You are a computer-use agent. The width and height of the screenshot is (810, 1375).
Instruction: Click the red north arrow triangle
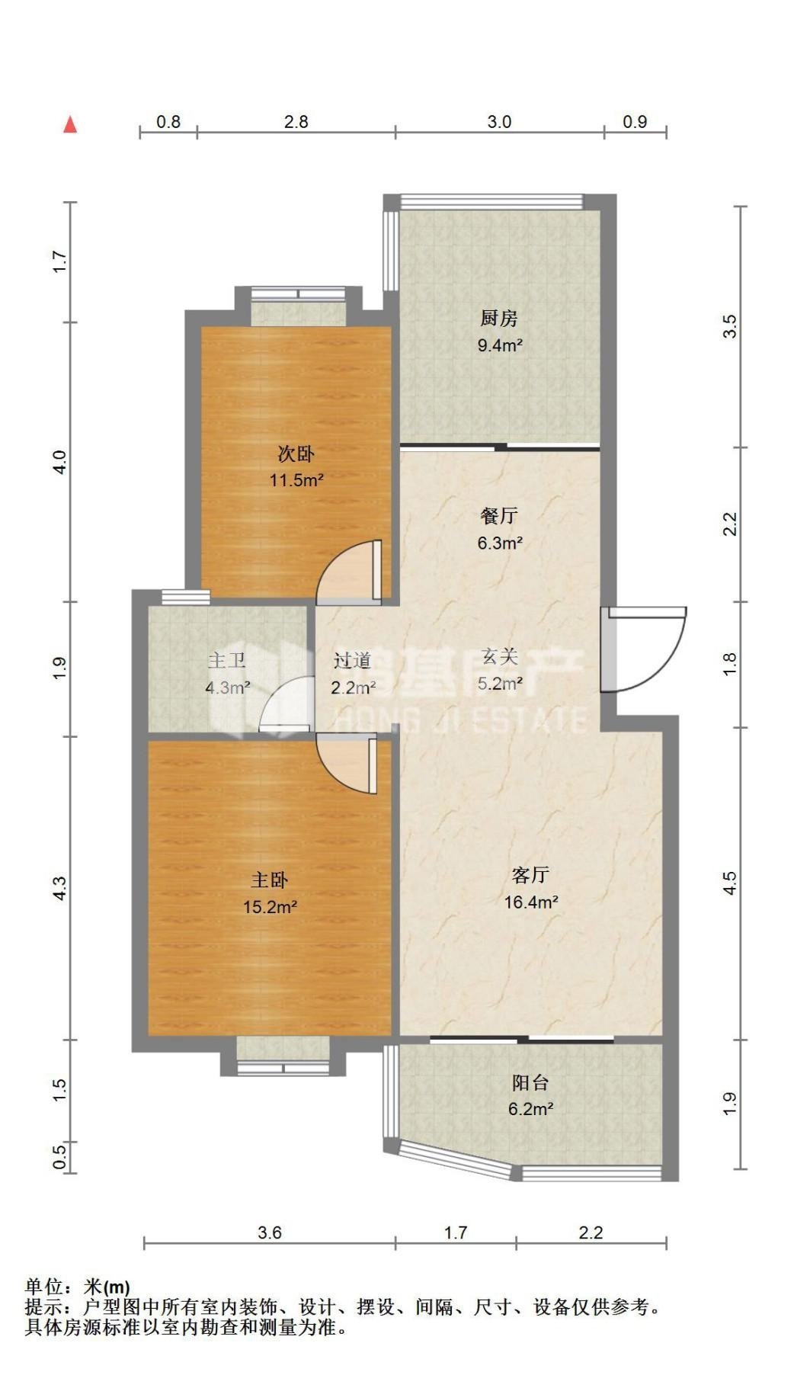point(70,124)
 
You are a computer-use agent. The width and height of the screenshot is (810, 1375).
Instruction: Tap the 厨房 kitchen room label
point(499,318)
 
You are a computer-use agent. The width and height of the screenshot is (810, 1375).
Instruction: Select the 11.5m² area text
point(296,480)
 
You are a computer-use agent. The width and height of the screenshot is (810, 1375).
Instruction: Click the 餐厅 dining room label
point(499,516)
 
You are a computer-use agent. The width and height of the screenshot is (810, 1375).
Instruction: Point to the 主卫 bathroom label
point(226,660)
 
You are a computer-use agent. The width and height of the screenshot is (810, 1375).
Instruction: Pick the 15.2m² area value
point(270,907)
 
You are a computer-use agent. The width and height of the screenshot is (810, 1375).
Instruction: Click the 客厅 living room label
point(530,874)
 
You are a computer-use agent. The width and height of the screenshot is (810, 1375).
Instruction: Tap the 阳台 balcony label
point(530,1082)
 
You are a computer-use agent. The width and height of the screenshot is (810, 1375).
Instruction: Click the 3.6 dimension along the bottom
point(270,1232)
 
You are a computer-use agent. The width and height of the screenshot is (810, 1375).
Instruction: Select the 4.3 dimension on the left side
point(59,888)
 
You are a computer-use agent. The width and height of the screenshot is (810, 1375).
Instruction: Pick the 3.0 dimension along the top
point(499,121)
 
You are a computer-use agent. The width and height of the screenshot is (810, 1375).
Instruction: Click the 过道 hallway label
point(352,660)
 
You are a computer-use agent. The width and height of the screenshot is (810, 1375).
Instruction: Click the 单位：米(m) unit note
point(77,1287)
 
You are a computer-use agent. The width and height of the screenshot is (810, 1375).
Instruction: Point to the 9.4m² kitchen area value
point(499,345)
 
